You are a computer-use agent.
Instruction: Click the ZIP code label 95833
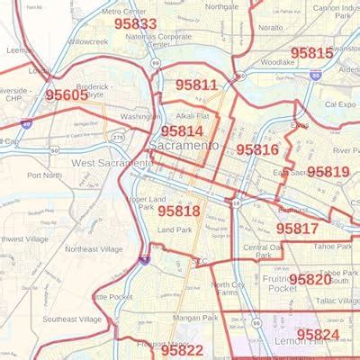pyautogui.click(x=136, y=24)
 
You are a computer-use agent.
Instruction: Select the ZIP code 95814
pyautogui.click(x=186, y=130)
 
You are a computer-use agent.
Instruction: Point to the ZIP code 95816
pyautogui.click(x=257, y=149)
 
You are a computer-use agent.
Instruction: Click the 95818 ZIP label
pyautogui.click(x=180, y=210)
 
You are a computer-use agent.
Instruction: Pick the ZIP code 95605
pyautogui.click(x=67, y=94)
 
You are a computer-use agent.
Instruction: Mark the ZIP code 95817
pyautogui.click(x=297, y=228)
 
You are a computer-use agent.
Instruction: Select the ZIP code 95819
pyautogui.click(x=328, y=171)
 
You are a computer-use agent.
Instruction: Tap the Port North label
pyautogui.click(x=44, y=175)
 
